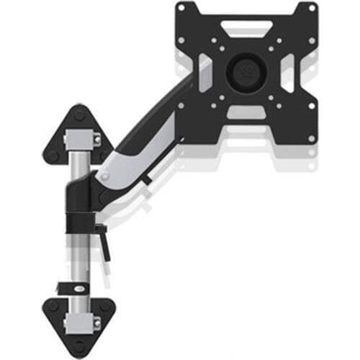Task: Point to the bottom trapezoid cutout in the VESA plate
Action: [246, 113]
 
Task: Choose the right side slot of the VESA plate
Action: [290, 70]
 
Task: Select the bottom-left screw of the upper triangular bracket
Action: [52, 153]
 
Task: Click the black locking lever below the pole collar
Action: [106, 241]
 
